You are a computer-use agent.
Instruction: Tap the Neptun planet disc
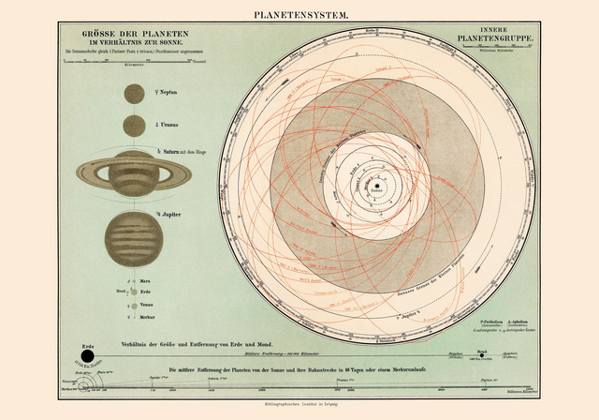[x=133, y=94]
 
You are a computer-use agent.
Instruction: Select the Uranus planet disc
[x=133, y=125]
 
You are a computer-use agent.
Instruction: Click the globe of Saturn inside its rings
[x=133, y=172]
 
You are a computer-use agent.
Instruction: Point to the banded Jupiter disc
[x=133, y=237]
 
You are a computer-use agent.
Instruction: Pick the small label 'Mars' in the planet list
[x=146, y=280]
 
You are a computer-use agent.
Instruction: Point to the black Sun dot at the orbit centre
[x=376, y=187]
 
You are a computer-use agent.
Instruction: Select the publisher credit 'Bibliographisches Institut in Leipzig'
[x=299, y=405]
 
